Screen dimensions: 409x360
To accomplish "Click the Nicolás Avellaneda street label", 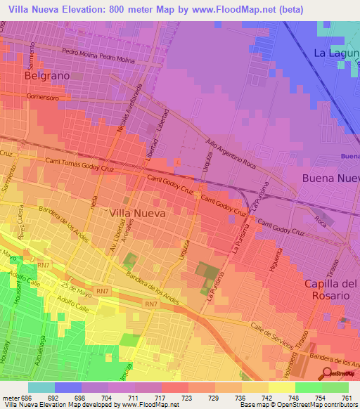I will [x=133, y=112].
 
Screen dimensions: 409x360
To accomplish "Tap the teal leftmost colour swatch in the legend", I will [x=41, y=387].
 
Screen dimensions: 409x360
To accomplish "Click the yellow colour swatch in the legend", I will [x=281, y=387].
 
